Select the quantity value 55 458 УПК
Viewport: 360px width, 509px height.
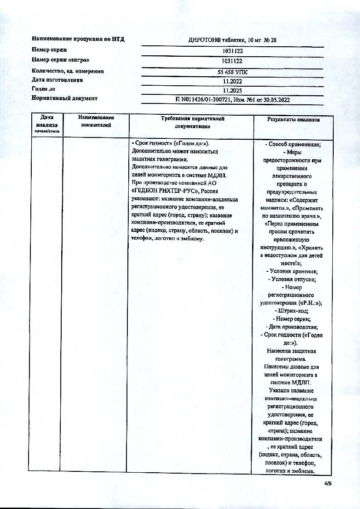[233, 72]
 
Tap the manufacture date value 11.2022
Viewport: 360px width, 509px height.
[233, 81]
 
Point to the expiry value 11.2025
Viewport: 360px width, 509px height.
[233, 90]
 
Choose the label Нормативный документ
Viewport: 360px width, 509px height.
[64, 98]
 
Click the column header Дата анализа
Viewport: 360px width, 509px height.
[45, 121]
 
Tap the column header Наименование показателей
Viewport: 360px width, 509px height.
[96, 121]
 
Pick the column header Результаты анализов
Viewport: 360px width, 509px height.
[293, 120]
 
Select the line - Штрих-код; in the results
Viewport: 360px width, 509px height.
[293, 311]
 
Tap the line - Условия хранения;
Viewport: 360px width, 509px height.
[293, 271]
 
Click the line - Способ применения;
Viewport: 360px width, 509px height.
[293, 144]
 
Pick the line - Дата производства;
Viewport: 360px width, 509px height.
[293, 327]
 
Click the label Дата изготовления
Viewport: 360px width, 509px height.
[57, 80]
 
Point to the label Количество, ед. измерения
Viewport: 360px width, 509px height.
[68, 71]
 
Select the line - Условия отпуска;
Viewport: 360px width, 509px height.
[293, 279]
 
